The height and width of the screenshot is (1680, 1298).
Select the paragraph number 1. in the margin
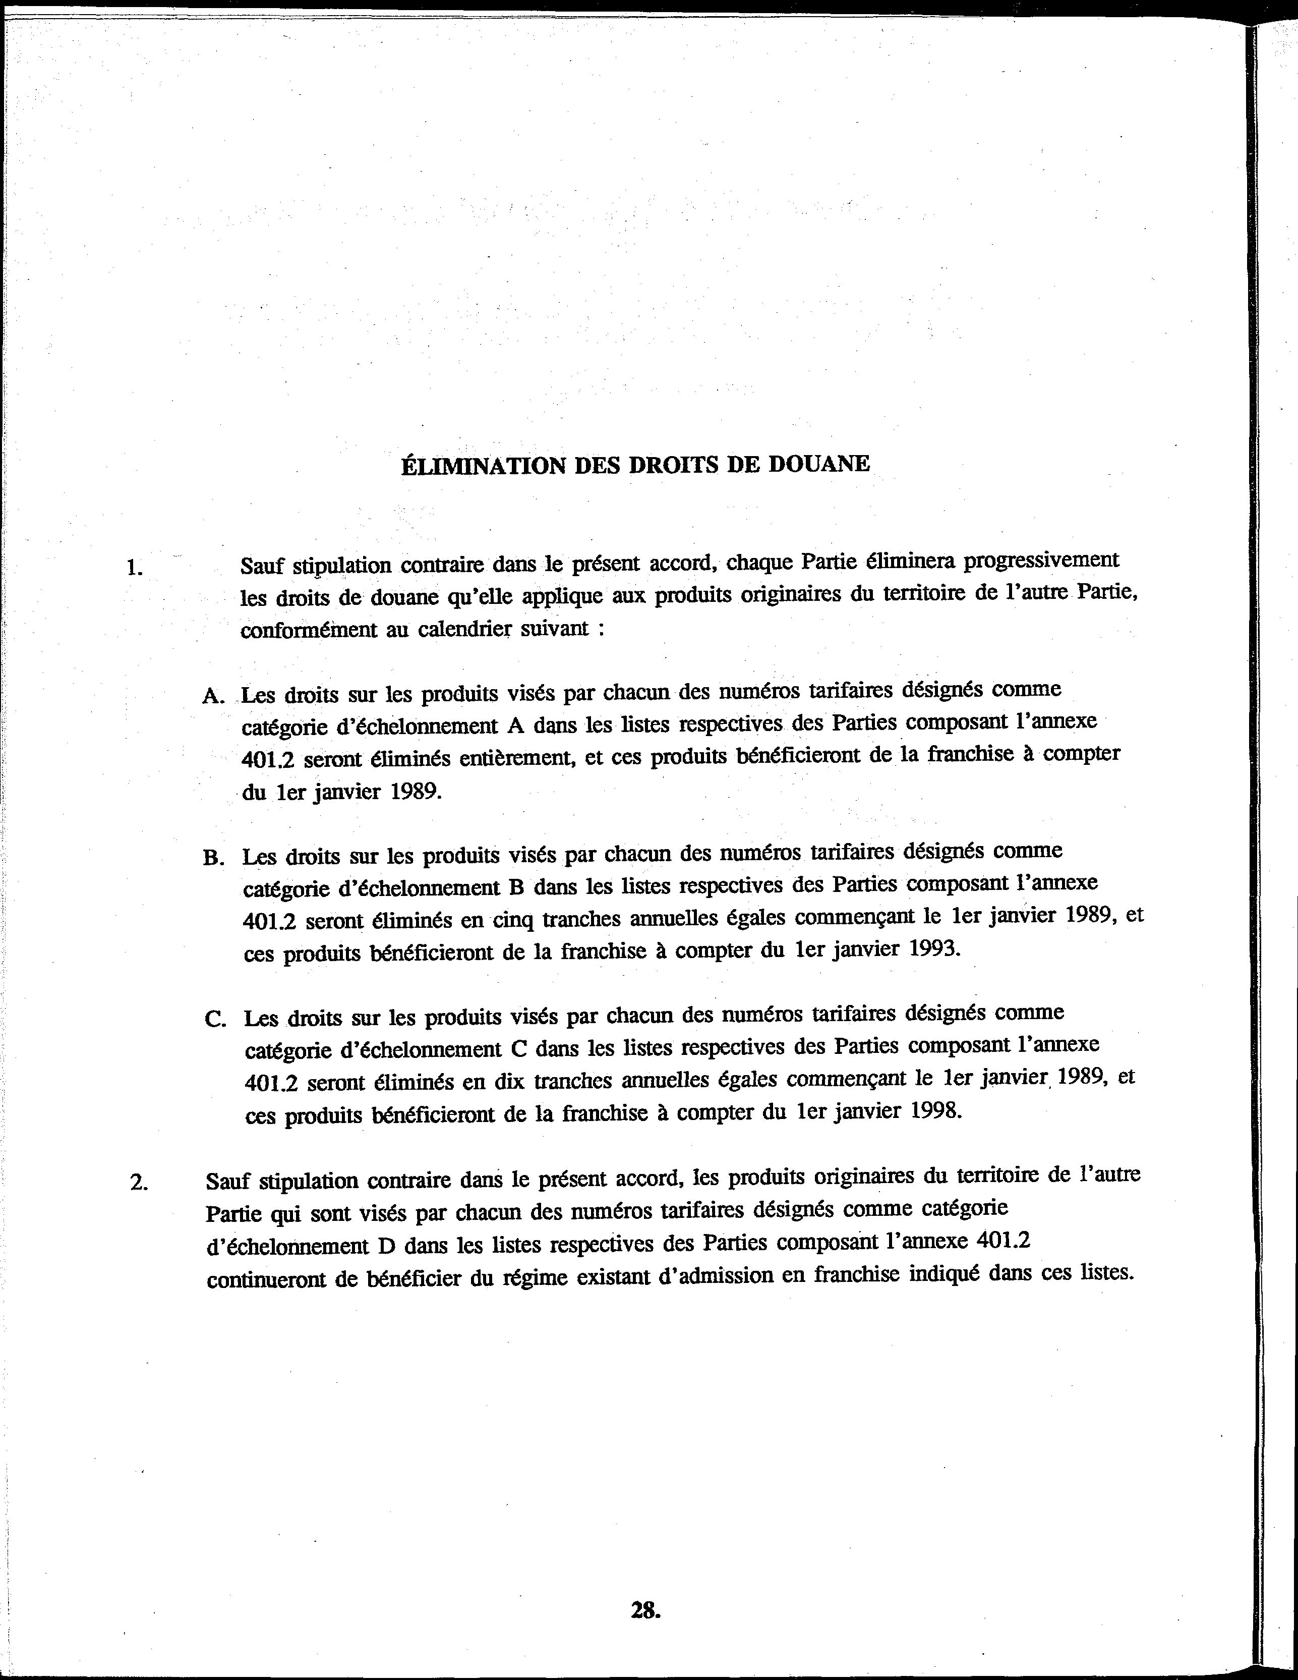(x=135, y=569)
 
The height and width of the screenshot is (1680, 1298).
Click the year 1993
(x=934, y=948)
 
